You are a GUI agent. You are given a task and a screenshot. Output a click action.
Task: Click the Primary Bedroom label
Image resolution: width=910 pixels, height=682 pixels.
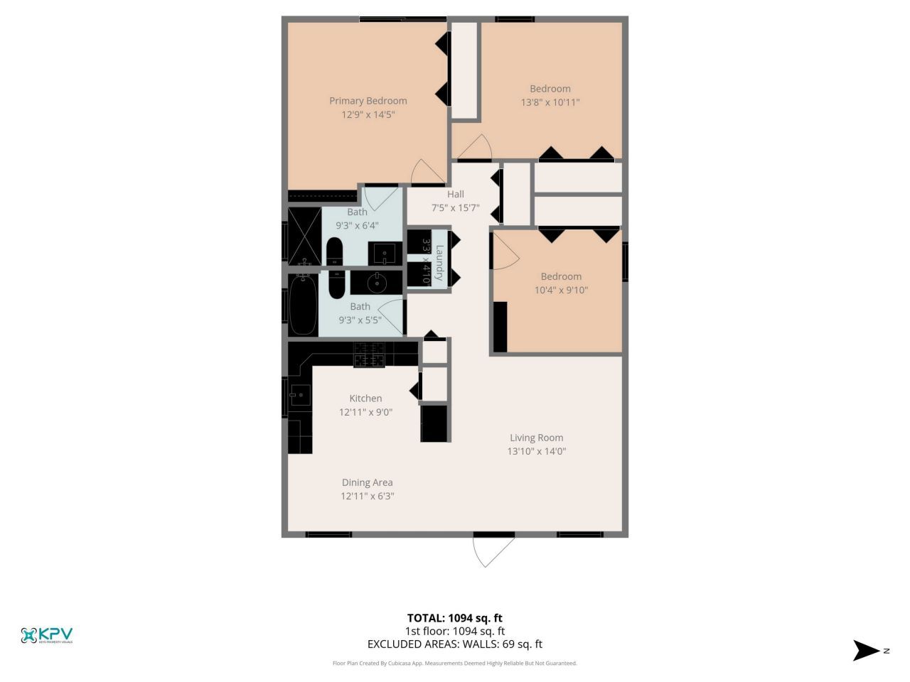tap(368, 101)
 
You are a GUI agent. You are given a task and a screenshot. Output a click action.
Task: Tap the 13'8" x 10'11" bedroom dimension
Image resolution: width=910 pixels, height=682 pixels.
tap(550, 102)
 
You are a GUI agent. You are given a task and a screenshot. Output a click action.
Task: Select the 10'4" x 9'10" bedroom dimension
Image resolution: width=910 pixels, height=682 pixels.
tap(561, 290)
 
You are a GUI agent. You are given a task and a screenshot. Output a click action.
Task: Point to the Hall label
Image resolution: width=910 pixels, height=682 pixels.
tap(456, 194)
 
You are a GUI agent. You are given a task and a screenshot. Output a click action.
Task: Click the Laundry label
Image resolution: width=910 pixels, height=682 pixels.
tap(440, 262)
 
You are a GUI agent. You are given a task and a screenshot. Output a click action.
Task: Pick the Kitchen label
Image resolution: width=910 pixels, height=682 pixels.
tap(365, 399)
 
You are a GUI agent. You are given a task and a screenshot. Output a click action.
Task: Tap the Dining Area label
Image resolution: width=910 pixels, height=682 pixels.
tap(367, 482)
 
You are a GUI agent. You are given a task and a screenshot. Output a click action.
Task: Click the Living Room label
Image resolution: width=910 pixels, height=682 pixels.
tap(536, 438)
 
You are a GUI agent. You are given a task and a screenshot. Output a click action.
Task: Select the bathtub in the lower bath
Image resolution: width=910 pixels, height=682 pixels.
tap(303, 305)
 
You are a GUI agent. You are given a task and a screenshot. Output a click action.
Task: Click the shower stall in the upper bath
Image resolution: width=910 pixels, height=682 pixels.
tap(304, 237)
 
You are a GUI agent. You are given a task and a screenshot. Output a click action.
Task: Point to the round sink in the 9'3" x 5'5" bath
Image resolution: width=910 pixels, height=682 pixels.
tap(376, 283)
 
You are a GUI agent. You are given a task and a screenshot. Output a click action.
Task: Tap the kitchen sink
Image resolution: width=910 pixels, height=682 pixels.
tap(299, 394)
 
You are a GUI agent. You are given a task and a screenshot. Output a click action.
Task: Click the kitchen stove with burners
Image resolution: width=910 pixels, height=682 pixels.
tap(369, 354)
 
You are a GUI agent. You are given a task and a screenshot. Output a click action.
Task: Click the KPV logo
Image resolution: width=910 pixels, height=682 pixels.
tap(47, 635)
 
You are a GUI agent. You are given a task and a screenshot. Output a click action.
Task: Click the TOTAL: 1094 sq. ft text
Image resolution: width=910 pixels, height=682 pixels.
tap(454, 618)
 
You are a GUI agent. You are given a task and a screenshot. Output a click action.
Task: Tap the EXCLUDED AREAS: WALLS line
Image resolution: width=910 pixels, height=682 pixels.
tap(454, 644)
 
